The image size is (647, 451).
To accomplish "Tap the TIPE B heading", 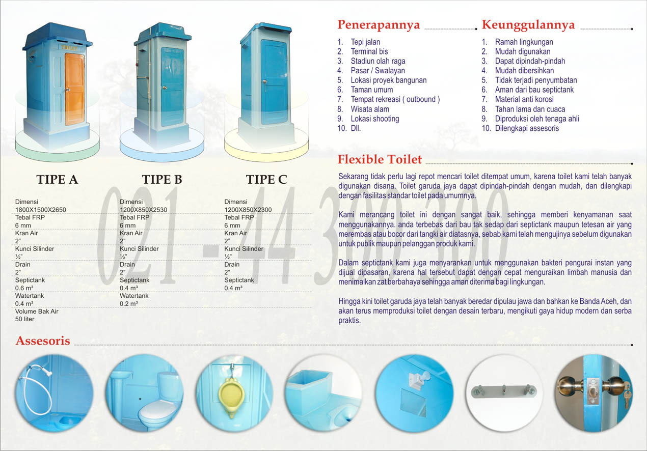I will (x=162, y=180).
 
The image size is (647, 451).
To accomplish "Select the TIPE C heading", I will (x=266, y=180).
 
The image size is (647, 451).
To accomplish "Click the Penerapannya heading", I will (x=379, y=25).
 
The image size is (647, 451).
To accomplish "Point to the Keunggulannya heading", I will (x=528, y=25).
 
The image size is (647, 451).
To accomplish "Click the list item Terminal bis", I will (x=369, y=51).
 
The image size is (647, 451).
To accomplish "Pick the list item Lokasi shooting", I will (x=374, y=119).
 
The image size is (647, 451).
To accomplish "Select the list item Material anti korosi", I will (x=524, y=99).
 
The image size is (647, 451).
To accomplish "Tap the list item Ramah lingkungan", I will (x=524, y=42).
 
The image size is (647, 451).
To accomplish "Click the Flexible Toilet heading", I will (x=380, y=159).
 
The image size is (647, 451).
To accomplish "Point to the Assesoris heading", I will (x=43, y=341).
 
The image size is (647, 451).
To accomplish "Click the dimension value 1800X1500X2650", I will (x=41, y=210).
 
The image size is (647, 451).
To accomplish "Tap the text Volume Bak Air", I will (x=37, y=311).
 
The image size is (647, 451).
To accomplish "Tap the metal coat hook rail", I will (x=503, y=390).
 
